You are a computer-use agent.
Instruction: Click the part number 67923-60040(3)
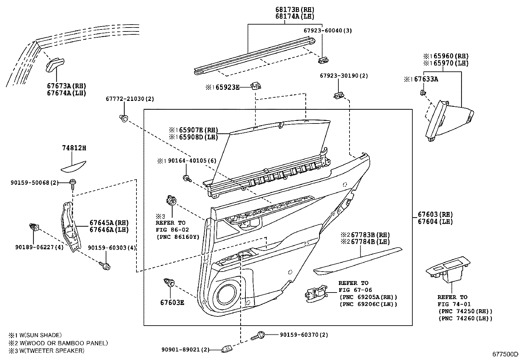pos(327,30)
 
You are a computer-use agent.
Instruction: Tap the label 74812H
pos(74,148)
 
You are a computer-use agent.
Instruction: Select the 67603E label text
pos(172,303)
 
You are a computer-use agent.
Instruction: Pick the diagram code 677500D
pos(506,354)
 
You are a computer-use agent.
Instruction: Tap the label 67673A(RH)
pos(66,86)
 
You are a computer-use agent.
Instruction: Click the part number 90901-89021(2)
pos(185,350)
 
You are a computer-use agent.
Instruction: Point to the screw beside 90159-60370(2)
pos(259,335)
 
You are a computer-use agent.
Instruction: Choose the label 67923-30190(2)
pos(344,76)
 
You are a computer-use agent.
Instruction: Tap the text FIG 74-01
pos(454,304)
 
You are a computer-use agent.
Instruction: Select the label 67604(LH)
pos(435,221)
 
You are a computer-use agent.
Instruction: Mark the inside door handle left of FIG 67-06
pos(315,293)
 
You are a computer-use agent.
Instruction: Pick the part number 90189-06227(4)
pos(39,247)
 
